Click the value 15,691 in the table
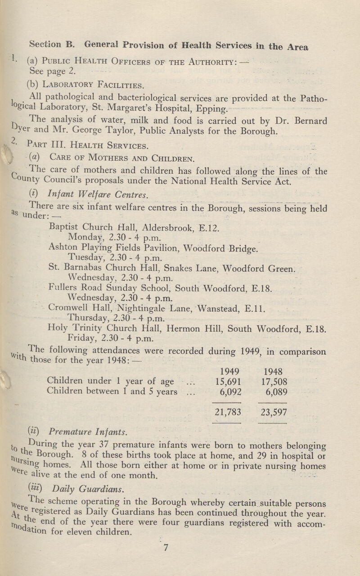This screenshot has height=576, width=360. (227, 382)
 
